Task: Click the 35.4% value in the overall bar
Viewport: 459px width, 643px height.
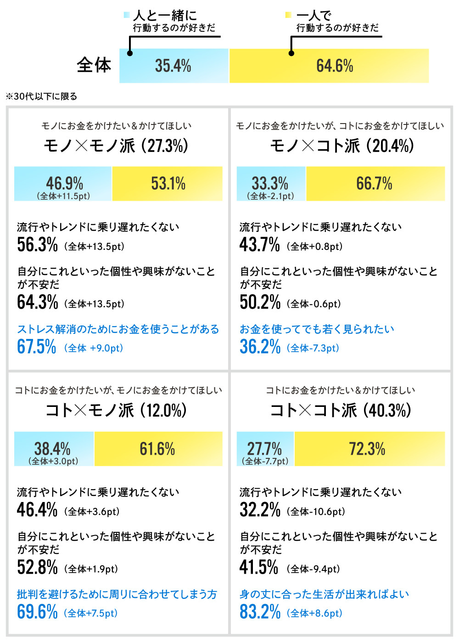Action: click(x=173, y=66)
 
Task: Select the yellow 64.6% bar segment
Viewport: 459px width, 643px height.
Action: click(x=329, y=66)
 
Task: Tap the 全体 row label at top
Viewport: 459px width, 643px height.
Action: click(x=94, y=65)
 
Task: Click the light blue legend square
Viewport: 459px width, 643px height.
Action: click(x=127, y=15)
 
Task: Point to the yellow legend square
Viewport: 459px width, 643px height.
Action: click(x=288, y=15)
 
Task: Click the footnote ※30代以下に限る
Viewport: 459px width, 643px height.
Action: click(x=41, y=96)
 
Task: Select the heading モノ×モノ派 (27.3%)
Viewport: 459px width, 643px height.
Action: click(x=116, y=146)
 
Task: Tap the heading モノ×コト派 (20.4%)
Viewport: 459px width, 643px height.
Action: click(x=342, y=146)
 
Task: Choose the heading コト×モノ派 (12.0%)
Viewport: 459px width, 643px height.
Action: click(x=116, y=410)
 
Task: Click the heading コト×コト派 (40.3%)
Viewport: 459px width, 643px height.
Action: click(x=340, y=410)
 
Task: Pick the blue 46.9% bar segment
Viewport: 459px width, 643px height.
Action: click(x=63, y=184)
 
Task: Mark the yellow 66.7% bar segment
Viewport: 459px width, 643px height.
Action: click(x=375, y=184)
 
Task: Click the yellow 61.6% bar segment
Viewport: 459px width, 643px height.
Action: click(x=158, y=449)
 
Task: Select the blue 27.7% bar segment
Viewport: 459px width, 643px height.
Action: click(x=265, y=449)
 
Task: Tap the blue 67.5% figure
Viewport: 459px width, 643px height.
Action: click(x=37, y=347)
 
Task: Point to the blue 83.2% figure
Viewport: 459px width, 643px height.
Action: click(x=260, y=612)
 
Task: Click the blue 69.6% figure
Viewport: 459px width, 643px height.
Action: click(x=37, y=612)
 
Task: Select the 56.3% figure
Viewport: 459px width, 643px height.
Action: click(x=37, y=245)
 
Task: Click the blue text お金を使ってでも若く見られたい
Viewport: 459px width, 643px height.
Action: click(x=317, y=329)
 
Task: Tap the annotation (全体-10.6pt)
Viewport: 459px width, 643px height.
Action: click(x=316, y=512)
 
